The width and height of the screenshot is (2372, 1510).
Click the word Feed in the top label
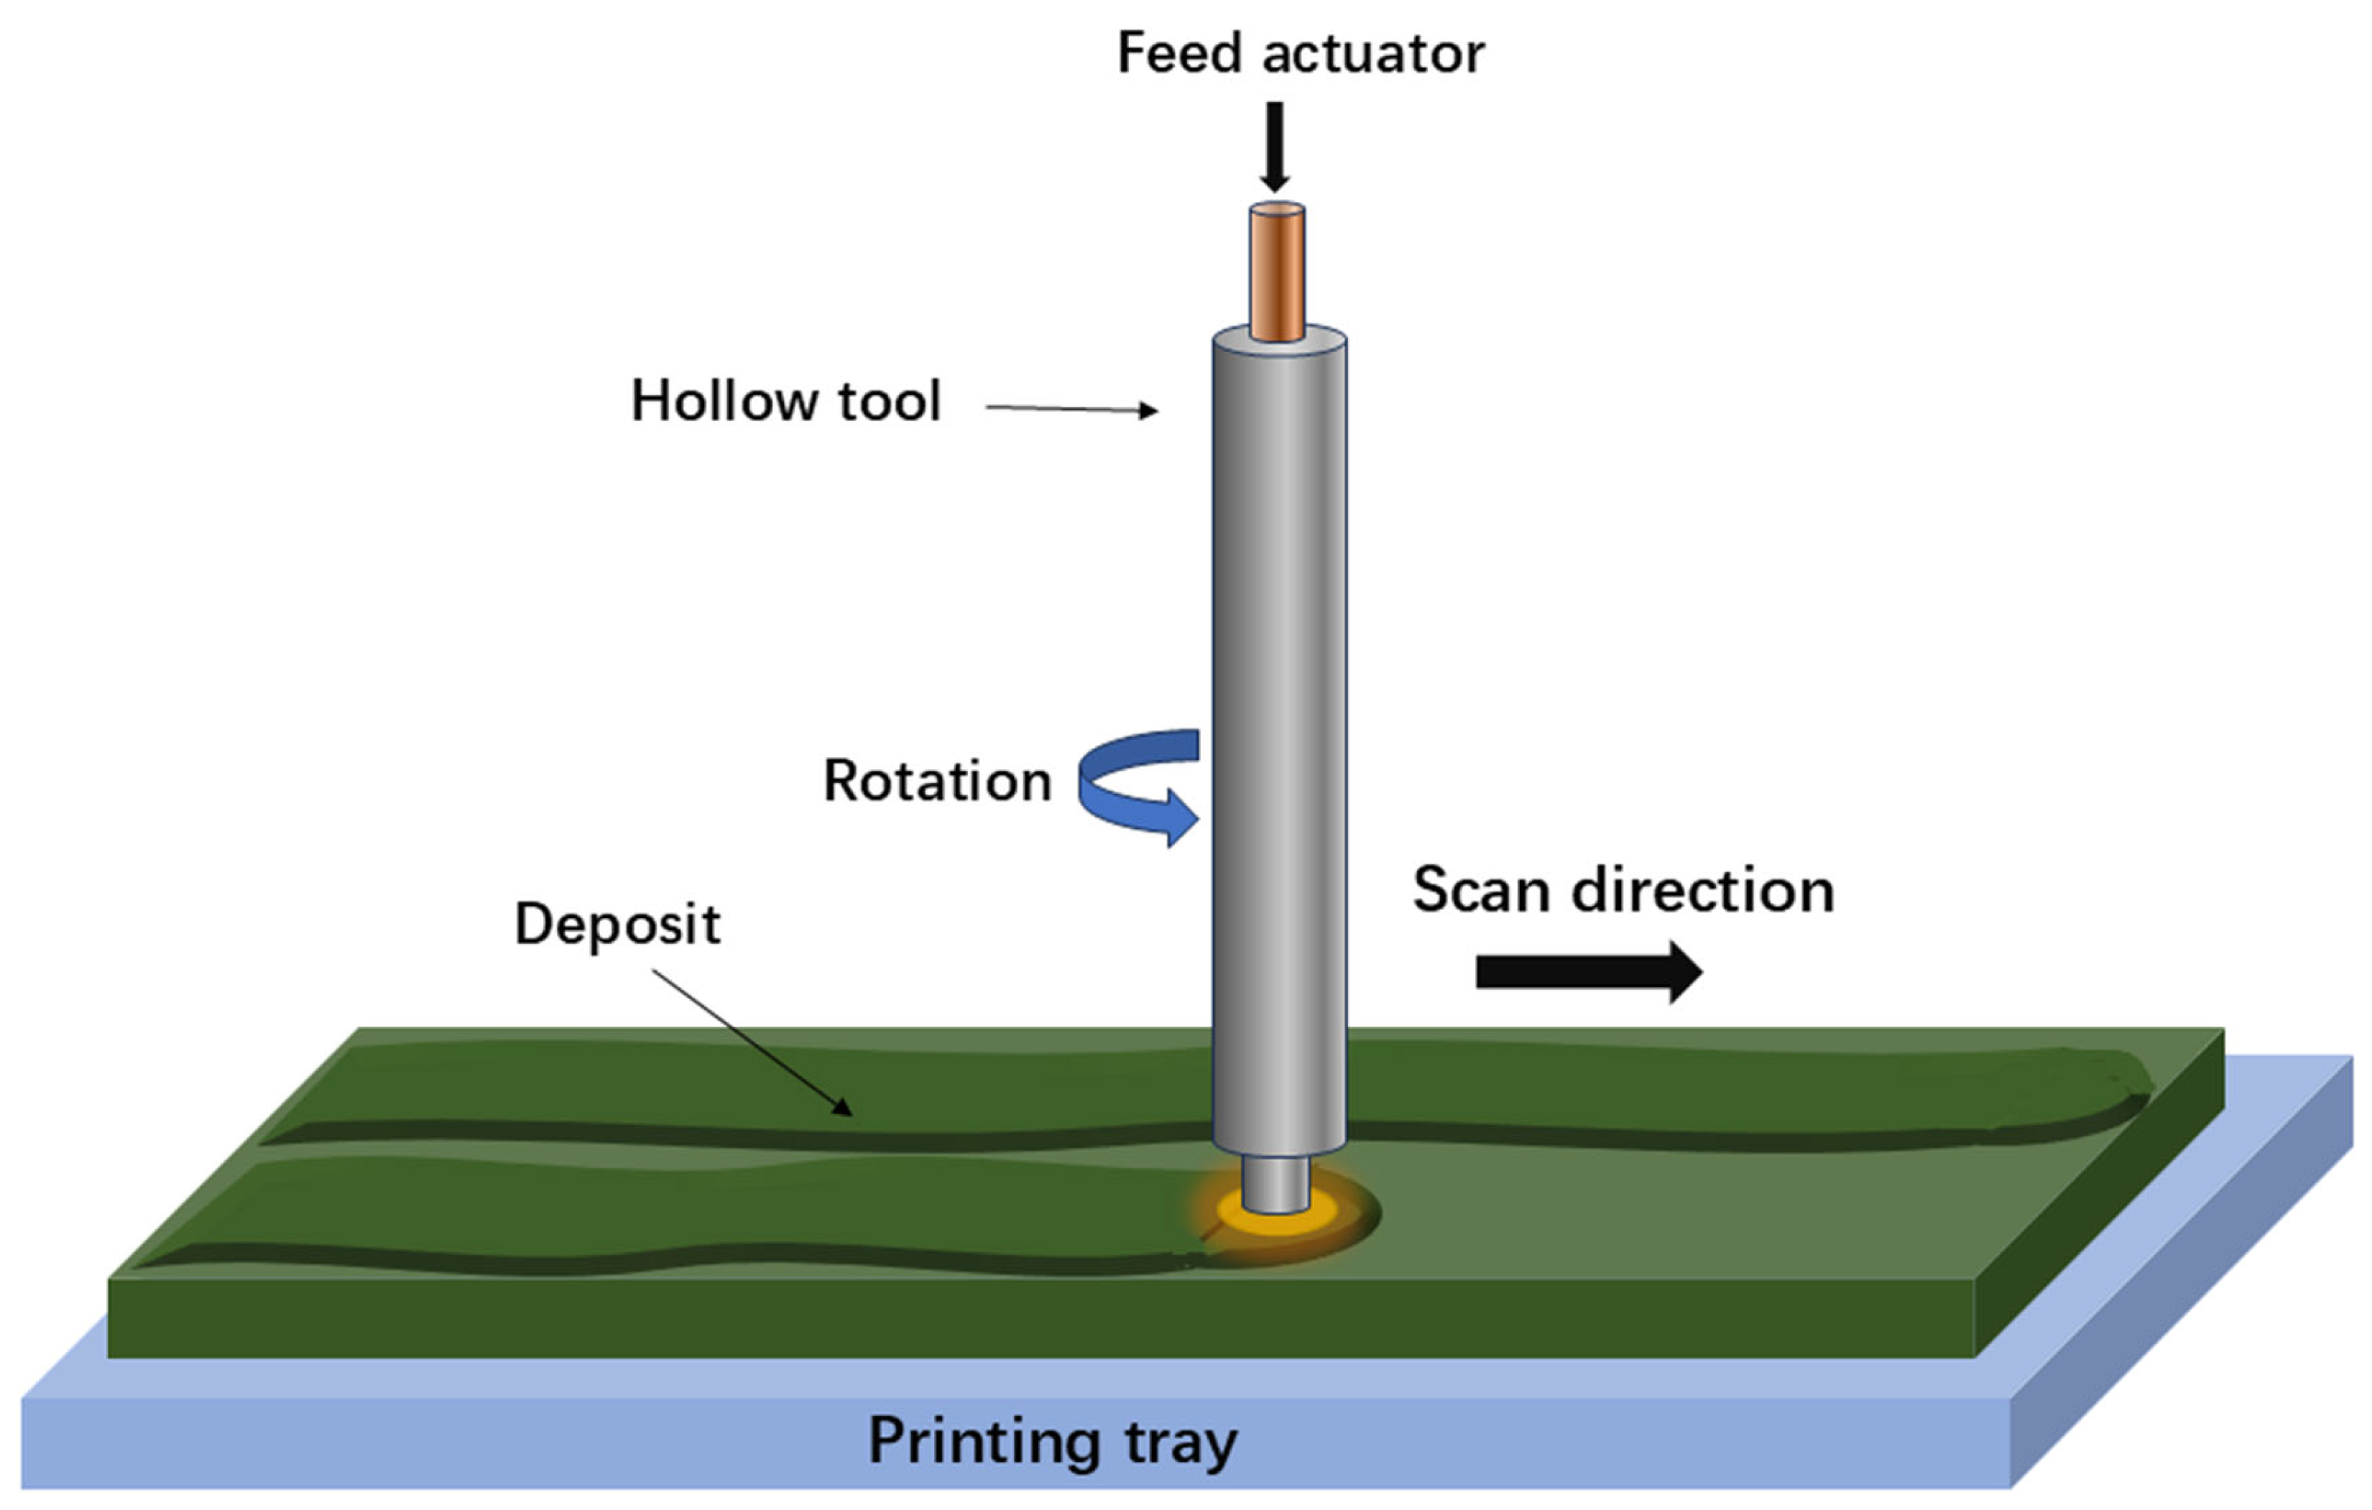coord(1179,53)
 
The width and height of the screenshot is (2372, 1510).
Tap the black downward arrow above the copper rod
coord(1275,148)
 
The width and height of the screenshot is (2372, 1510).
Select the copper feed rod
coord(1278,271)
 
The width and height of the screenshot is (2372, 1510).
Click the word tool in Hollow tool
coord(890,402)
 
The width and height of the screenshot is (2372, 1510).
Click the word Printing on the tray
coord(983,1442)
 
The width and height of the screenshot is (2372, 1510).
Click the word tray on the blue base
coord(1180,1444)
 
